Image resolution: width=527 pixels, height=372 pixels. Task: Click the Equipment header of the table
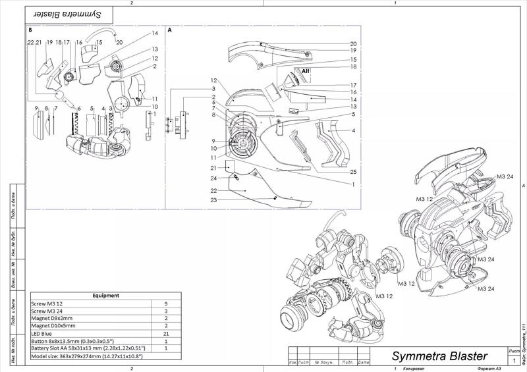pyautogui.click(x=105, y=296)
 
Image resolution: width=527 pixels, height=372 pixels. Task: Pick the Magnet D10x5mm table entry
pyautogui.click(x=53, y=326)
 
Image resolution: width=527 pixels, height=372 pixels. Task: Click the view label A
pyautogui.click(x=170, y=30)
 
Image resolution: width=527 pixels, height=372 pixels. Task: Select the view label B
pyautogui.click(x=30, y=30)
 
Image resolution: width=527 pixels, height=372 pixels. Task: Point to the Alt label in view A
pyautogui.click(x=306, y=70)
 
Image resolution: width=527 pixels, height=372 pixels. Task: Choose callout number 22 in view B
pyautogui.click(x=30, y=42)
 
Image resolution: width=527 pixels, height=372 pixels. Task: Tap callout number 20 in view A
pyautogui.click(x=353, y=43)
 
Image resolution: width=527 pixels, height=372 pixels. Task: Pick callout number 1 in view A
pyautogui.click(x=353, y=185)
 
